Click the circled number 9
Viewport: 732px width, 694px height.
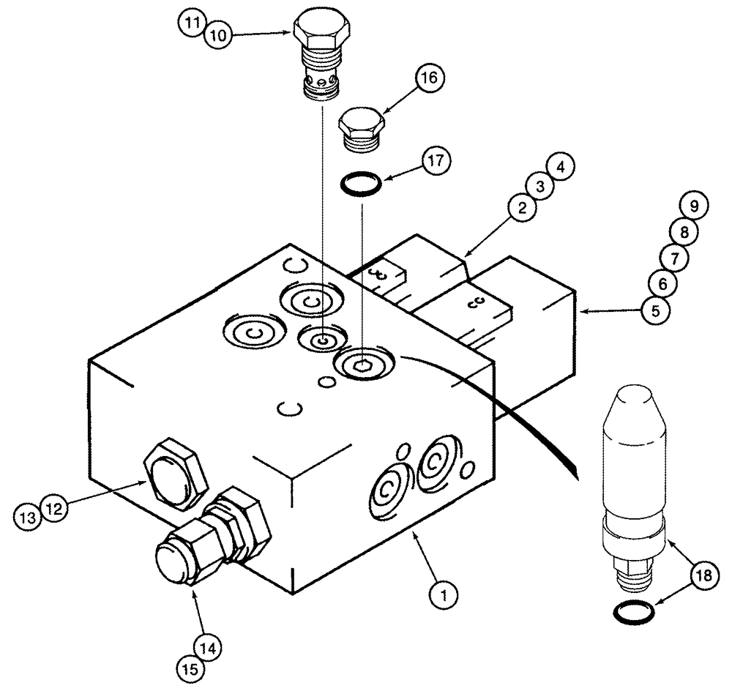pos(695,207)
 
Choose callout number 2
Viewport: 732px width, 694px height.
pos(521,209)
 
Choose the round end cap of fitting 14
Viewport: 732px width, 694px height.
pos(174,563)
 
